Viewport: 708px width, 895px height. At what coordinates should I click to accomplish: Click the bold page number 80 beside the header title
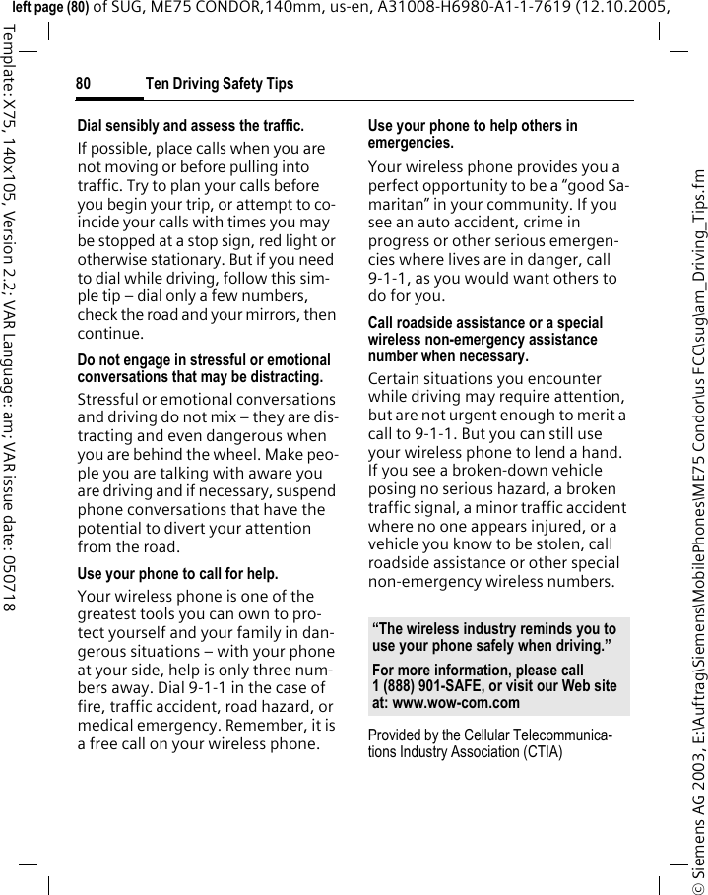84,84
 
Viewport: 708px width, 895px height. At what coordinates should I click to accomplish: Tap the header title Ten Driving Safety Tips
219,84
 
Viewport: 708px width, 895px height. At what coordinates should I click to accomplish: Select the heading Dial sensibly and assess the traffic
190,126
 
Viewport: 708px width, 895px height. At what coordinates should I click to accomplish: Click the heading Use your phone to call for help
177,573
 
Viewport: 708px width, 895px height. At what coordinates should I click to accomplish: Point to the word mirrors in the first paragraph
284,315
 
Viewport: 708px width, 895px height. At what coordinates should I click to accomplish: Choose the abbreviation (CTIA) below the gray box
537,752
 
